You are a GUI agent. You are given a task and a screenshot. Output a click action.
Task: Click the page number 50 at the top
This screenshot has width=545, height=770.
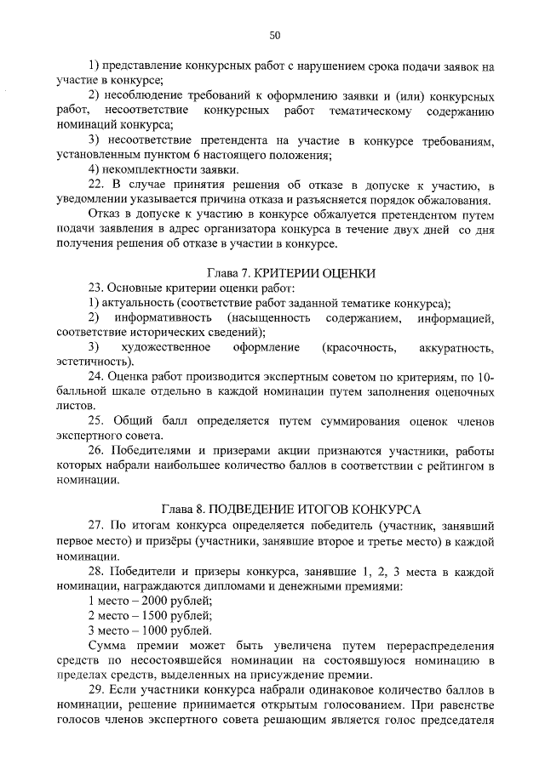pos(274,35)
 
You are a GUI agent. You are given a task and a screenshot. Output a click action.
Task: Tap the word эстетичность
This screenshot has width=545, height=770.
pos(92,362)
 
